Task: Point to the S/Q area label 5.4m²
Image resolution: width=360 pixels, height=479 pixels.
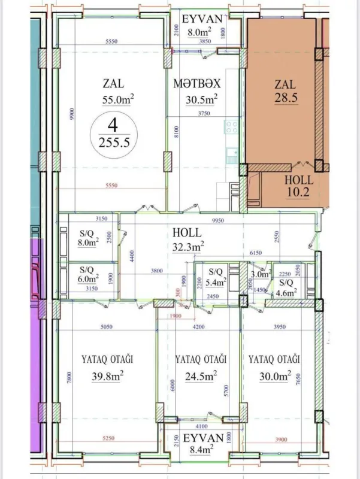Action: (214, 281)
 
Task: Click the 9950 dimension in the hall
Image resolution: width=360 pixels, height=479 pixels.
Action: (221, 220)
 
